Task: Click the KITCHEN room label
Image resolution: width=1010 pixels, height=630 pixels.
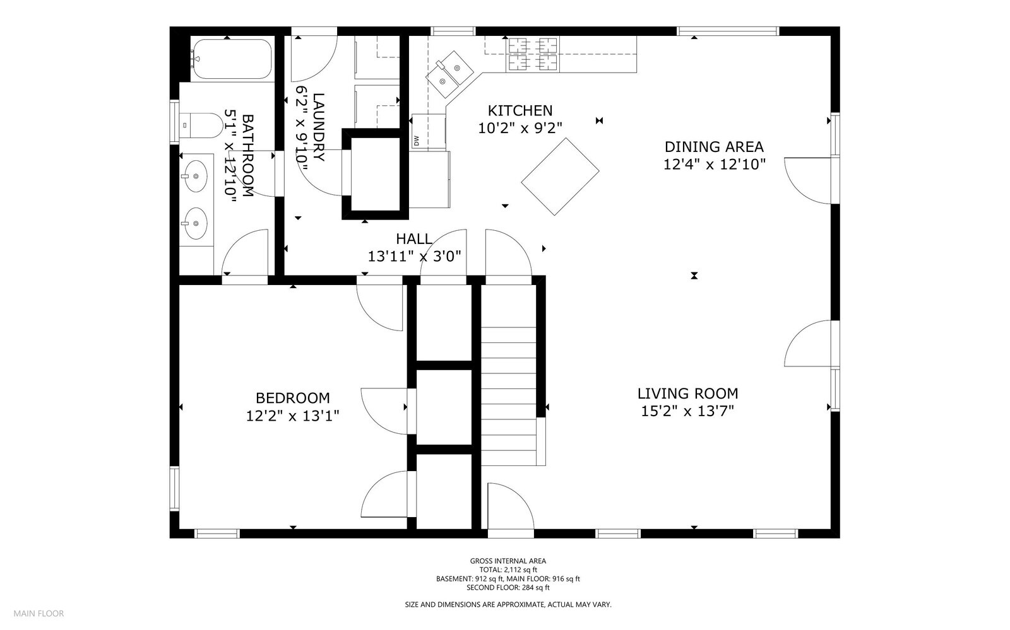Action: click(520, 111)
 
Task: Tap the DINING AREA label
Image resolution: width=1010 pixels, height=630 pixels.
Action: click(714, 147)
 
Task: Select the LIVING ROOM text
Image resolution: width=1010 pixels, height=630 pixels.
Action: click(687, 394)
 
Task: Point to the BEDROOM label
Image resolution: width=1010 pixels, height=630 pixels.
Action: click(293, 398)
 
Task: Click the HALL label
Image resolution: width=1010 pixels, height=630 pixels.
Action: click(414, 238)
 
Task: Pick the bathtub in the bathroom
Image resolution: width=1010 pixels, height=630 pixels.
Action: click(232, 59)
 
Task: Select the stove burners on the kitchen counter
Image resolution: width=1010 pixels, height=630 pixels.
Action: click(533, 54)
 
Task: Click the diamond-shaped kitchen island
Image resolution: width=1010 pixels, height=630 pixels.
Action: click(560, 177)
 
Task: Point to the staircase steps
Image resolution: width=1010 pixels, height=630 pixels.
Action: click(509, 396)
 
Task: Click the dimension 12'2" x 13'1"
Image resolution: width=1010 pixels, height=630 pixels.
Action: click(293, 416)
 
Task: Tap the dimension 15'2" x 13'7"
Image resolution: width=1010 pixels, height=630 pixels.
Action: click(687, 411)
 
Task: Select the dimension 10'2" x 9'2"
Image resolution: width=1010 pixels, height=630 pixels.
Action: click(520, 129)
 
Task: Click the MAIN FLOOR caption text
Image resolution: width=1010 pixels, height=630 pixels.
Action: click(39, 614)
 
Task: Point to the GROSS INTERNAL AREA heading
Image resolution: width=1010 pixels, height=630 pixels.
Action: click(508, 561)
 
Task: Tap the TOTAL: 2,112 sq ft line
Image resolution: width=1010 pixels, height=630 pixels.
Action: click(508, 570)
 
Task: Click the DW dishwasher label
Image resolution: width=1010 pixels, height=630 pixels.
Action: click(416, 141)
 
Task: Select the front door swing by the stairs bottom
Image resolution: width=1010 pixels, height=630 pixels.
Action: click(511, 506)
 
